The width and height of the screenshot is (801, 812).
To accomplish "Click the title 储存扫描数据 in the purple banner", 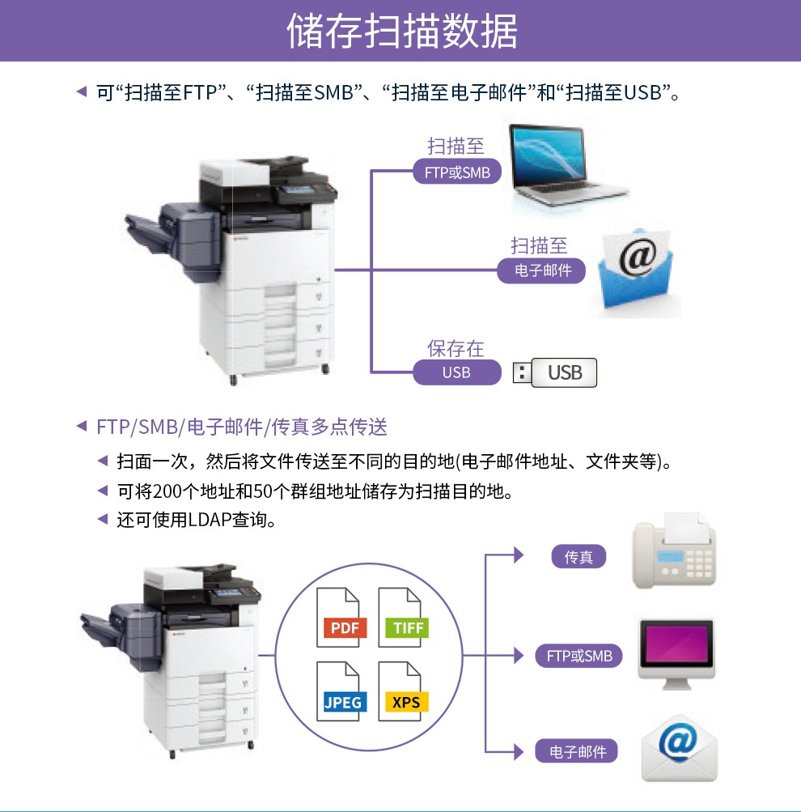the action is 402,31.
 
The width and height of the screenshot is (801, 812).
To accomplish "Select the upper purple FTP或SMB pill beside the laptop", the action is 457,172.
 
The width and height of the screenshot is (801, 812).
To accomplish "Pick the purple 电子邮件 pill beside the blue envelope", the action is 541,270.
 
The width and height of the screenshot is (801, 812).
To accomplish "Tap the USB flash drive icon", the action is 555,372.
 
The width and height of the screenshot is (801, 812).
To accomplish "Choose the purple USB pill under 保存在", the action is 457,372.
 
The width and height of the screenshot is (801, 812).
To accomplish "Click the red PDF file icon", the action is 341,617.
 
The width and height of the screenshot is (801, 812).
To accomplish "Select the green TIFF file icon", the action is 403,617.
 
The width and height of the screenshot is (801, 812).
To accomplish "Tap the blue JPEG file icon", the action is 341,691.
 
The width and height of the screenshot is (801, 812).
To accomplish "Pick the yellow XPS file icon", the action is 403,691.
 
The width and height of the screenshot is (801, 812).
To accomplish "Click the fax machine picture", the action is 674,551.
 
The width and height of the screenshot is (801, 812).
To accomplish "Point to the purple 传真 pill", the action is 578,557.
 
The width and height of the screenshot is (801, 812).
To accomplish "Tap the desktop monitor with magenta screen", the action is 676,654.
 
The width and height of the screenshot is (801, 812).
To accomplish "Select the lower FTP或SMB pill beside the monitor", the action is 578,656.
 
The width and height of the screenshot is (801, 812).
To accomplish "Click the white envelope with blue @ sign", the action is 679,748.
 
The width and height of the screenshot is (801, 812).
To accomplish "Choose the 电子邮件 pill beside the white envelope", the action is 576,751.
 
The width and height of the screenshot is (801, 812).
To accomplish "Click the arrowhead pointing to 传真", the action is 519,555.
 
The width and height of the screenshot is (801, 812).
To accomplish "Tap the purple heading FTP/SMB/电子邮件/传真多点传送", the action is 242,427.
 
